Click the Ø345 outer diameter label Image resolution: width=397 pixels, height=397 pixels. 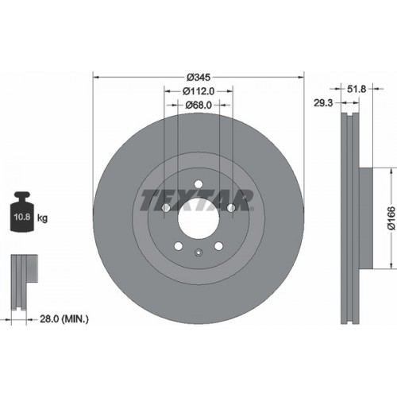[x=198, y=77]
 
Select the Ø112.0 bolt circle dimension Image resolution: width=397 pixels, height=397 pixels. [x=198, y=91]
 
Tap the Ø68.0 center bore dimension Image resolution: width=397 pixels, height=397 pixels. [x=198, y=105]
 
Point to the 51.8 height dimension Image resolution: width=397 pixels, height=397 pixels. [x=357, y=89]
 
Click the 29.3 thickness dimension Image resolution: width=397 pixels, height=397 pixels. [x=323, y=102]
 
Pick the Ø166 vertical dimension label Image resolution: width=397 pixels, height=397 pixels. [x=391, y=218]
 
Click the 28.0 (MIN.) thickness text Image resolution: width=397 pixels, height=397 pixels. [x=64, y=319]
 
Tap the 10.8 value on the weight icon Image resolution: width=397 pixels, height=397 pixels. [x=22, y=217]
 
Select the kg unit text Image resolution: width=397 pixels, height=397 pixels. [x=42, y=218]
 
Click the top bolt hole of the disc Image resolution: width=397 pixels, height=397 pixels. [x=198, y=183]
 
